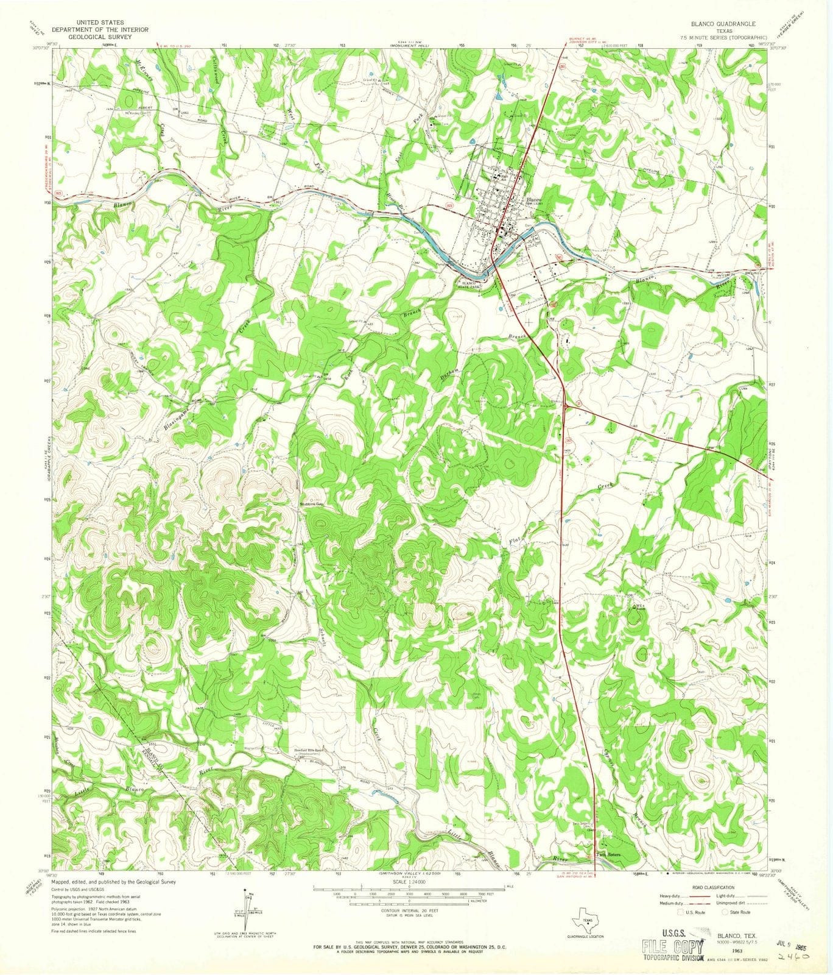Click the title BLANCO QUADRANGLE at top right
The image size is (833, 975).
click(723, 24)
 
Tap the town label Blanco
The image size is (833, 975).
click(534, 200)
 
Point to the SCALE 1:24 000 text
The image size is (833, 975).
click(409, 881)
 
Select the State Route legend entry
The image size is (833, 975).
click(736, 912)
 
